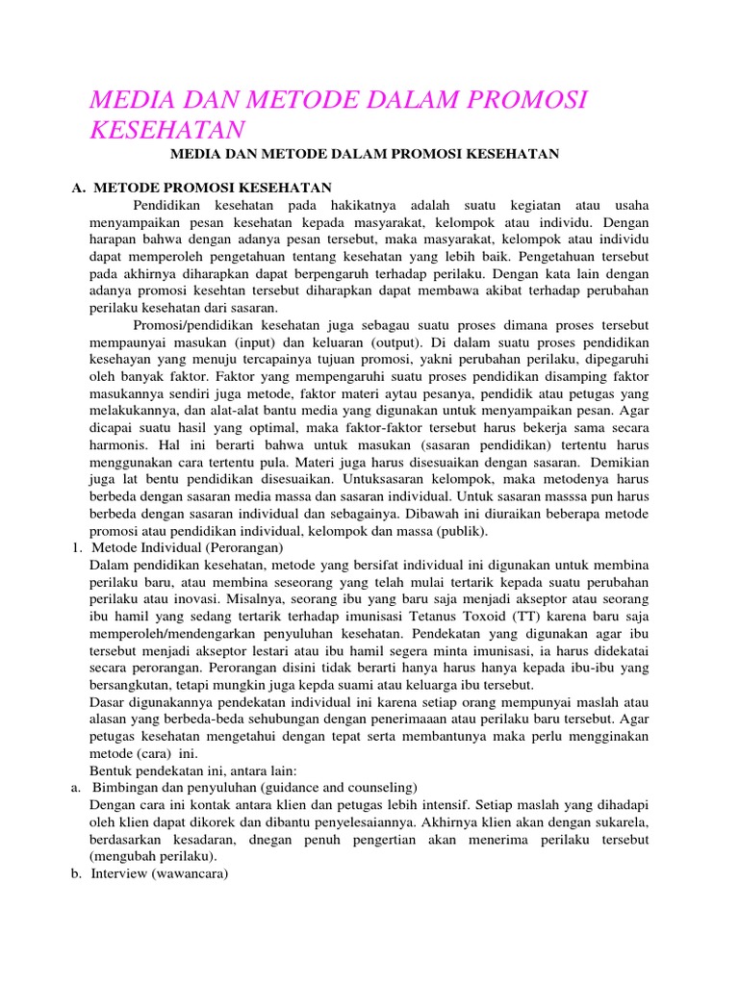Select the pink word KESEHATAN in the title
(166, 130)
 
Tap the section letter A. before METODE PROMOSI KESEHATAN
(79, 187)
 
